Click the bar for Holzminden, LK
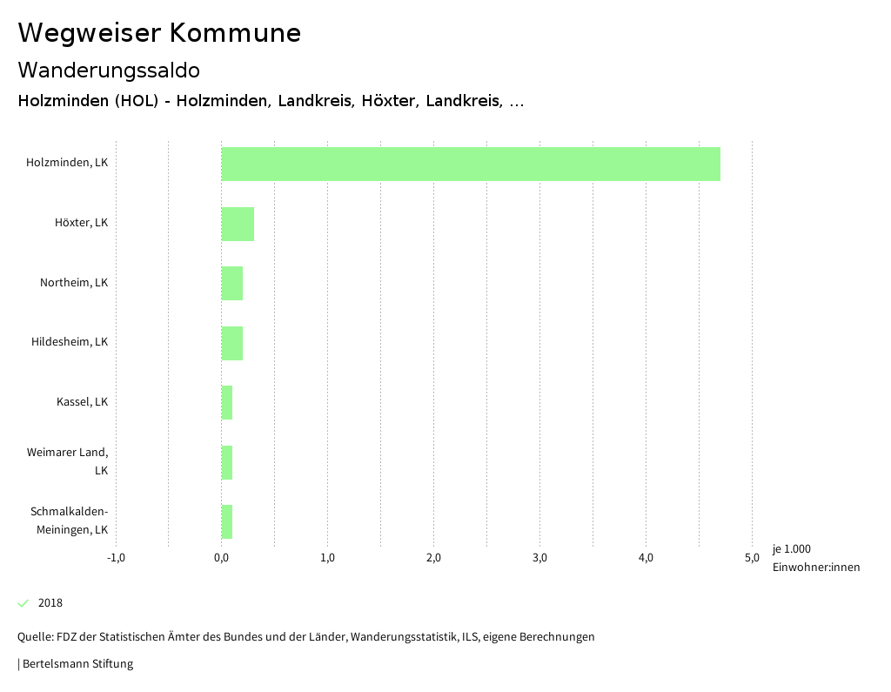(471, 164)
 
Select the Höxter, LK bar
(238, 224)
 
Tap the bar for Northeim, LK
(232, 283)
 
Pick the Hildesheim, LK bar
(232, 343)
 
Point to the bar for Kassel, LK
(227, 402)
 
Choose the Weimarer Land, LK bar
(227, 462)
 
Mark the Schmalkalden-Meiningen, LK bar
(227, 521)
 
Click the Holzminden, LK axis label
(67, 163)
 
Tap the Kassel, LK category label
(82, 401)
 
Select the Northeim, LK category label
(74, 282)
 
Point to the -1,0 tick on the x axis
(116, 558)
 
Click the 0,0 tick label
(221, 558)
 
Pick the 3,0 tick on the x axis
(539, 558)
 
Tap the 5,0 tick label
(752, 558)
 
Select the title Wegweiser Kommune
(159, 33)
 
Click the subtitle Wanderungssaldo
(109, 70)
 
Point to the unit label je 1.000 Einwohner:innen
(815, 558)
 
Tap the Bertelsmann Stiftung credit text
(77, 664)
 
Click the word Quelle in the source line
(35, 637)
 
